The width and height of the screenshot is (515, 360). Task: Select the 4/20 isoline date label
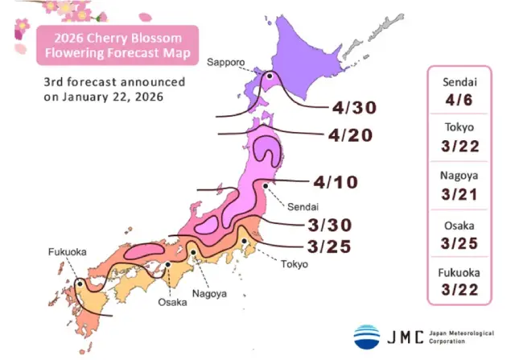[350, 134]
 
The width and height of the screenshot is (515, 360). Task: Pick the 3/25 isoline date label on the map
[328, 246]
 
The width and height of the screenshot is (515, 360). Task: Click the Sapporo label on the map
[227, 62]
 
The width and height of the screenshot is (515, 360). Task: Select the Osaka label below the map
[171, 302]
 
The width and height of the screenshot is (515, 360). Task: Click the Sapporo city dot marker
[271, 77]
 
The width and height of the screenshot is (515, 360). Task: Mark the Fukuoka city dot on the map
[80, 283]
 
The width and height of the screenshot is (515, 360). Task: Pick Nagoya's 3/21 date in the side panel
[460, 196]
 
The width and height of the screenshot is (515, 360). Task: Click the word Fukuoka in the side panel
[460, 272]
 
